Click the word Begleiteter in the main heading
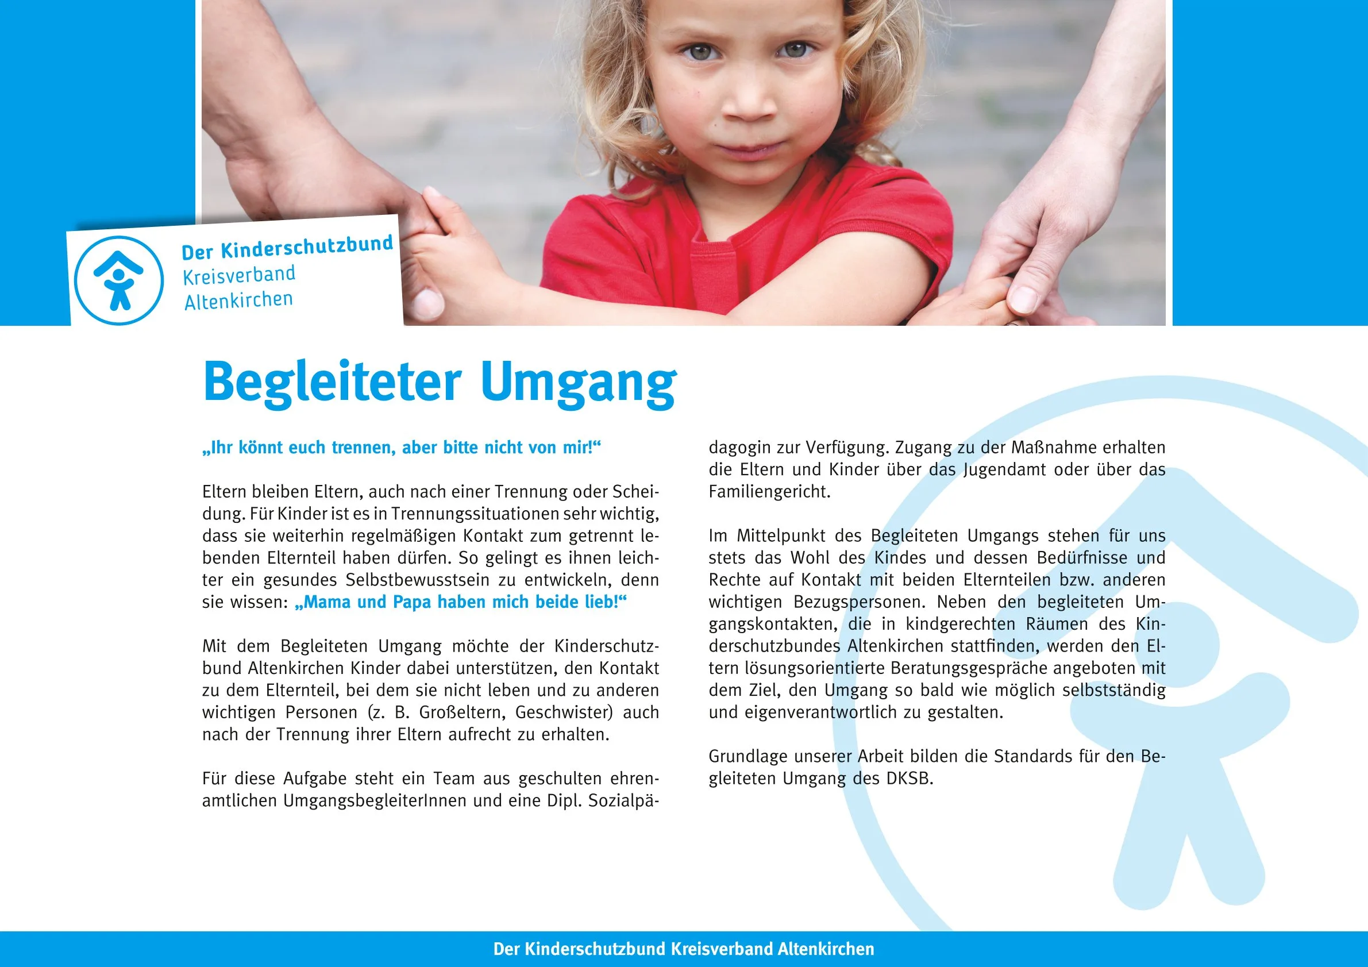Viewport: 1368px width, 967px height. (x=332, y=382)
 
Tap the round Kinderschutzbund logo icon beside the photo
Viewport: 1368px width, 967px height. (x=118, y=280)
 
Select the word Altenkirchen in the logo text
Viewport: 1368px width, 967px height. (x=238, y=301)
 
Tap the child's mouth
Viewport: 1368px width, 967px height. (x=752, y=149)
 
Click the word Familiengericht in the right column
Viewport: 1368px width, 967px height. (x=769, y=492)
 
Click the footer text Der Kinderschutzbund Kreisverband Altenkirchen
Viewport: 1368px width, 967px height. (x=683, y=949)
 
